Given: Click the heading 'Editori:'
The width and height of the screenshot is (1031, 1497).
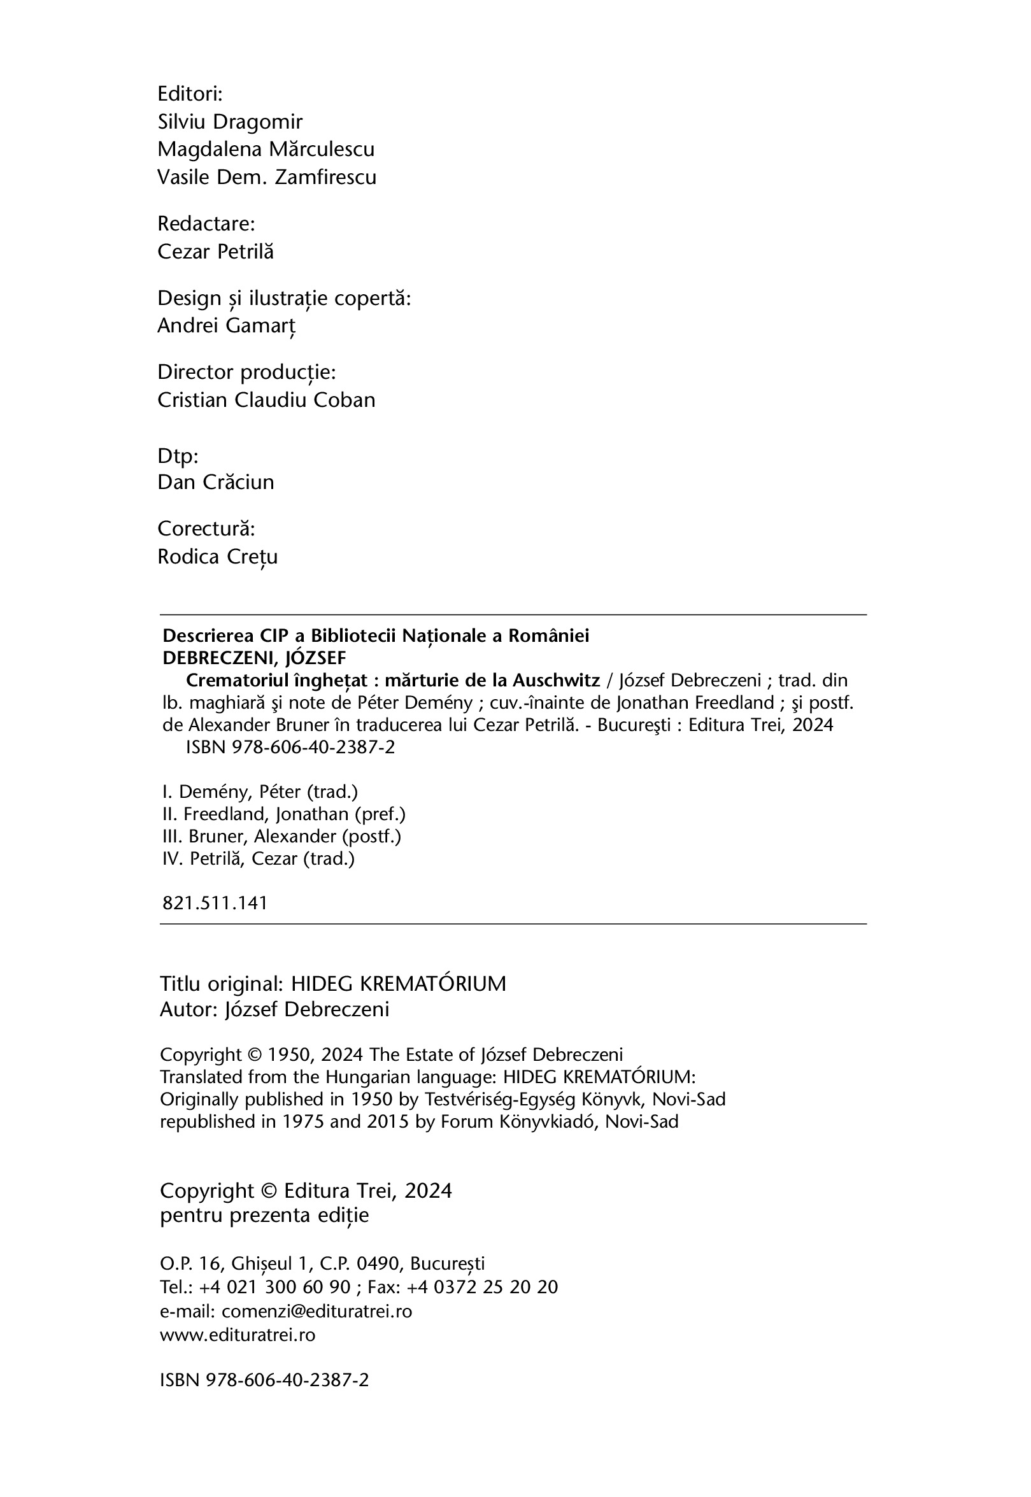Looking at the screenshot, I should point(190,94).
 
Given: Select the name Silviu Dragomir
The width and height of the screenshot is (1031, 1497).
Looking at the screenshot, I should point(230,122).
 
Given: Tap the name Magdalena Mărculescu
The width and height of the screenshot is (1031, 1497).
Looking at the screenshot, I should point(266,150).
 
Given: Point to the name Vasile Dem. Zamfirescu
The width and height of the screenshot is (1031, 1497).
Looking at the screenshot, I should point(267,178).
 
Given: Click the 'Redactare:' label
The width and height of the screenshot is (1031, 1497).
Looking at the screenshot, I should point(206,224).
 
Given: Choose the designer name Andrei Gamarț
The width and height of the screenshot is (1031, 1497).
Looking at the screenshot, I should point(226,326).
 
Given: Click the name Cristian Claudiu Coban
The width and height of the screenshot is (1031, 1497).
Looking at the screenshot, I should point(266,401).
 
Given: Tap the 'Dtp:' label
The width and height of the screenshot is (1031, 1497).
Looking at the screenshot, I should point(178,456).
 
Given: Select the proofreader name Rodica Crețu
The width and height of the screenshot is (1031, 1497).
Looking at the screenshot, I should point(218,557).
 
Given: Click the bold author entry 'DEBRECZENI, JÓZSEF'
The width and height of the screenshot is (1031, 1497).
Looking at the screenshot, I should point(255,658).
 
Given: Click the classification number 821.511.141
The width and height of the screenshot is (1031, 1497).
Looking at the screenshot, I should point(215,903).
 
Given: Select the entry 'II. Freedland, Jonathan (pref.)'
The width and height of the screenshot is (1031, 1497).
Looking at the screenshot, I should point(283,814).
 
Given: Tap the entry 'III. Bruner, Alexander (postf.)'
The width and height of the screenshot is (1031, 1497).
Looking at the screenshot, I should point(281,837).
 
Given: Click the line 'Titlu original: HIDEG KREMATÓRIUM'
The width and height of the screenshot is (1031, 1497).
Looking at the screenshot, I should point(332,984).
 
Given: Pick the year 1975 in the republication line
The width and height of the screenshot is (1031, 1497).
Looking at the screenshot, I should point(301,1122).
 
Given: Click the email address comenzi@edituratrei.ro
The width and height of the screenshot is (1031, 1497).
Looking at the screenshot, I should point(316,1312).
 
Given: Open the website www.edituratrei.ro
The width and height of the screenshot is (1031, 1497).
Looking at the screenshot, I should point(238,1335).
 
